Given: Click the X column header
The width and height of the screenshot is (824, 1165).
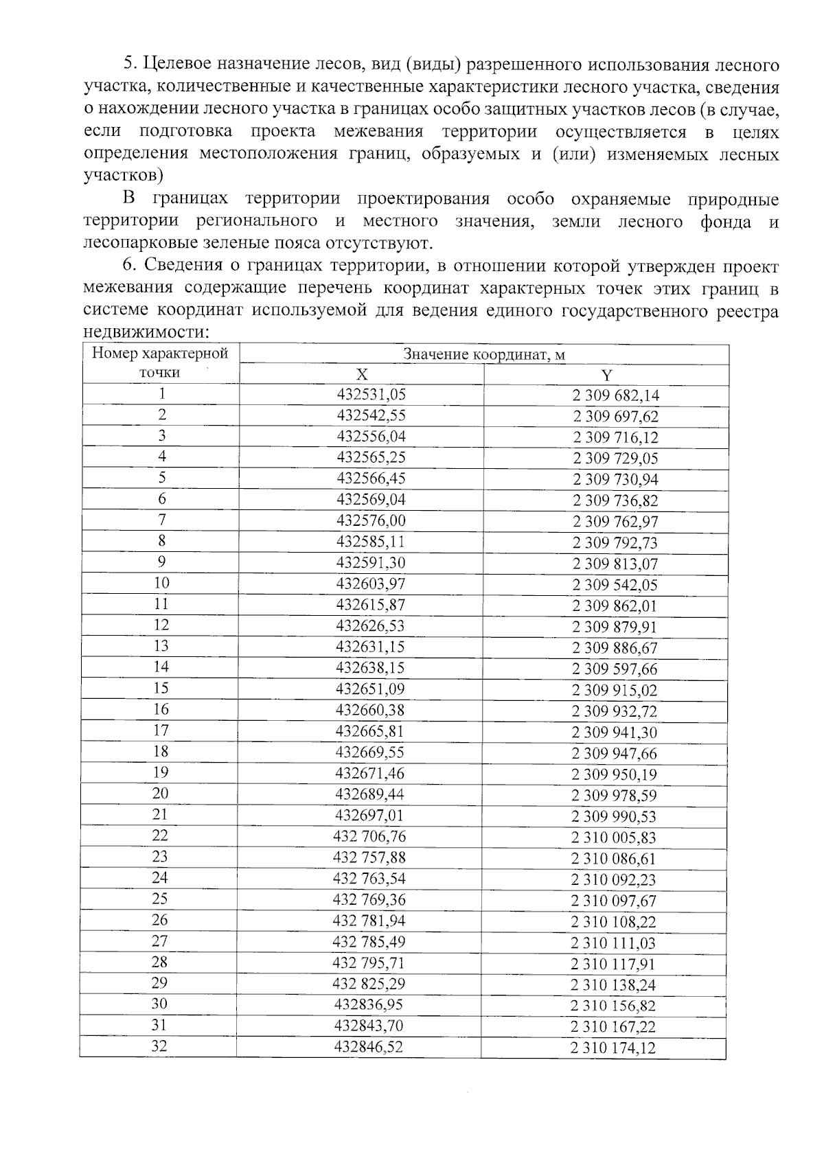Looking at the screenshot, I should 362,374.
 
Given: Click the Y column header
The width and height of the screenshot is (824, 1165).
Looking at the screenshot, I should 606,375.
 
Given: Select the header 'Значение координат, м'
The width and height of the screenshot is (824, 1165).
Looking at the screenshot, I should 483,354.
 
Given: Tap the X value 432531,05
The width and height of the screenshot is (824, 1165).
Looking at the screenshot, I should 371,394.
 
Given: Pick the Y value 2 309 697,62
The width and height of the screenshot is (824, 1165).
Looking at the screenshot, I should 615,416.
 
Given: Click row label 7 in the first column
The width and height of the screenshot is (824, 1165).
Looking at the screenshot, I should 162,520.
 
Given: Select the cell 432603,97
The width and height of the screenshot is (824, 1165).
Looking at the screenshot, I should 371,584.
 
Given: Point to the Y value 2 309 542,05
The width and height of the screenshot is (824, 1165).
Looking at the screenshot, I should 615,585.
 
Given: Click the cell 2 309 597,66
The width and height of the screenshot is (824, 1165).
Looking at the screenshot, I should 615,669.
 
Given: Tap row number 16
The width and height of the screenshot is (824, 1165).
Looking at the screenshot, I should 161,709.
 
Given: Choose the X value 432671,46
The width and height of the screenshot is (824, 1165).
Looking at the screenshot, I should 369,773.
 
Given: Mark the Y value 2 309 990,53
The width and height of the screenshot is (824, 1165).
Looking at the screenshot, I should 614,816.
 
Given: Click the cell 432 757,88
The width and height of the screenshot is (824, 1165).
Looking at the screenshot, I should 369,857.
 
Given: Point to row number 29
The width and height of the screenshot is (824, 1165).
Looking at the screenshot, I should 159,983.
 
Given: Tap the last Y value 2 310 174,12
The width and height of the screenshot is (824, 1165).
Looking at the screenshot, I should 613,1048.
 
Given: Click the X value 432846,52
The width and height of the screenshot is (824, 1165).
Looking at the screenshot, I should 368,1047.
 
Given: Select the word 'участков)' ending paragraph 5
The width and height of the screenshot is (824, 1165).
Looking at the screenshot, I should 124,176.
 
